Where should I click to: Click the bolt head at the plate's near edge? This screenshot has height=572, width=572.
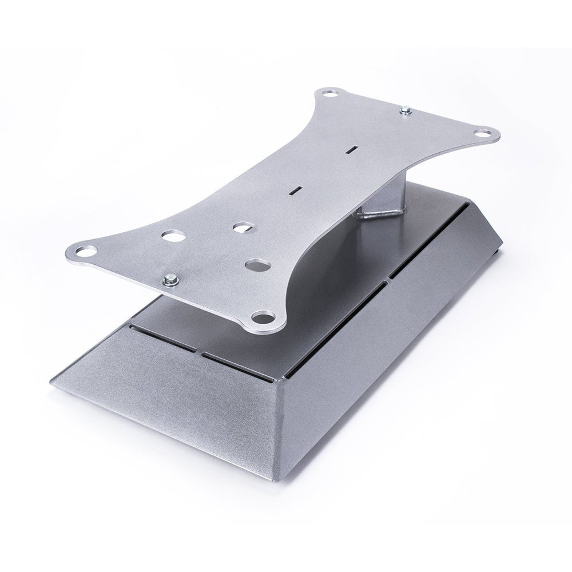(170, 280)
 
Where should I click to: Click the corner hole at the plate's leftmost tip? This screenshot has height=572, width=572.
(86, 251)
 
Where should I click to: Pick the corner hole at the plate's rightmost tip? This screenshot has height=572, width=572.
(483, 134)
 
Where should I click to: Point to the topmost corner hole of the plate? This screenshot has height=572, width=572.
(329, 93)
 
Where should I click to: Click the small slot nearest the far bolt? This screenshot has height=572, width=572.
(352, 150)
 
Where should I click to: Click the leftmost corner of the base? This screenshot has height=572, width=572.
(53, 385)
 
